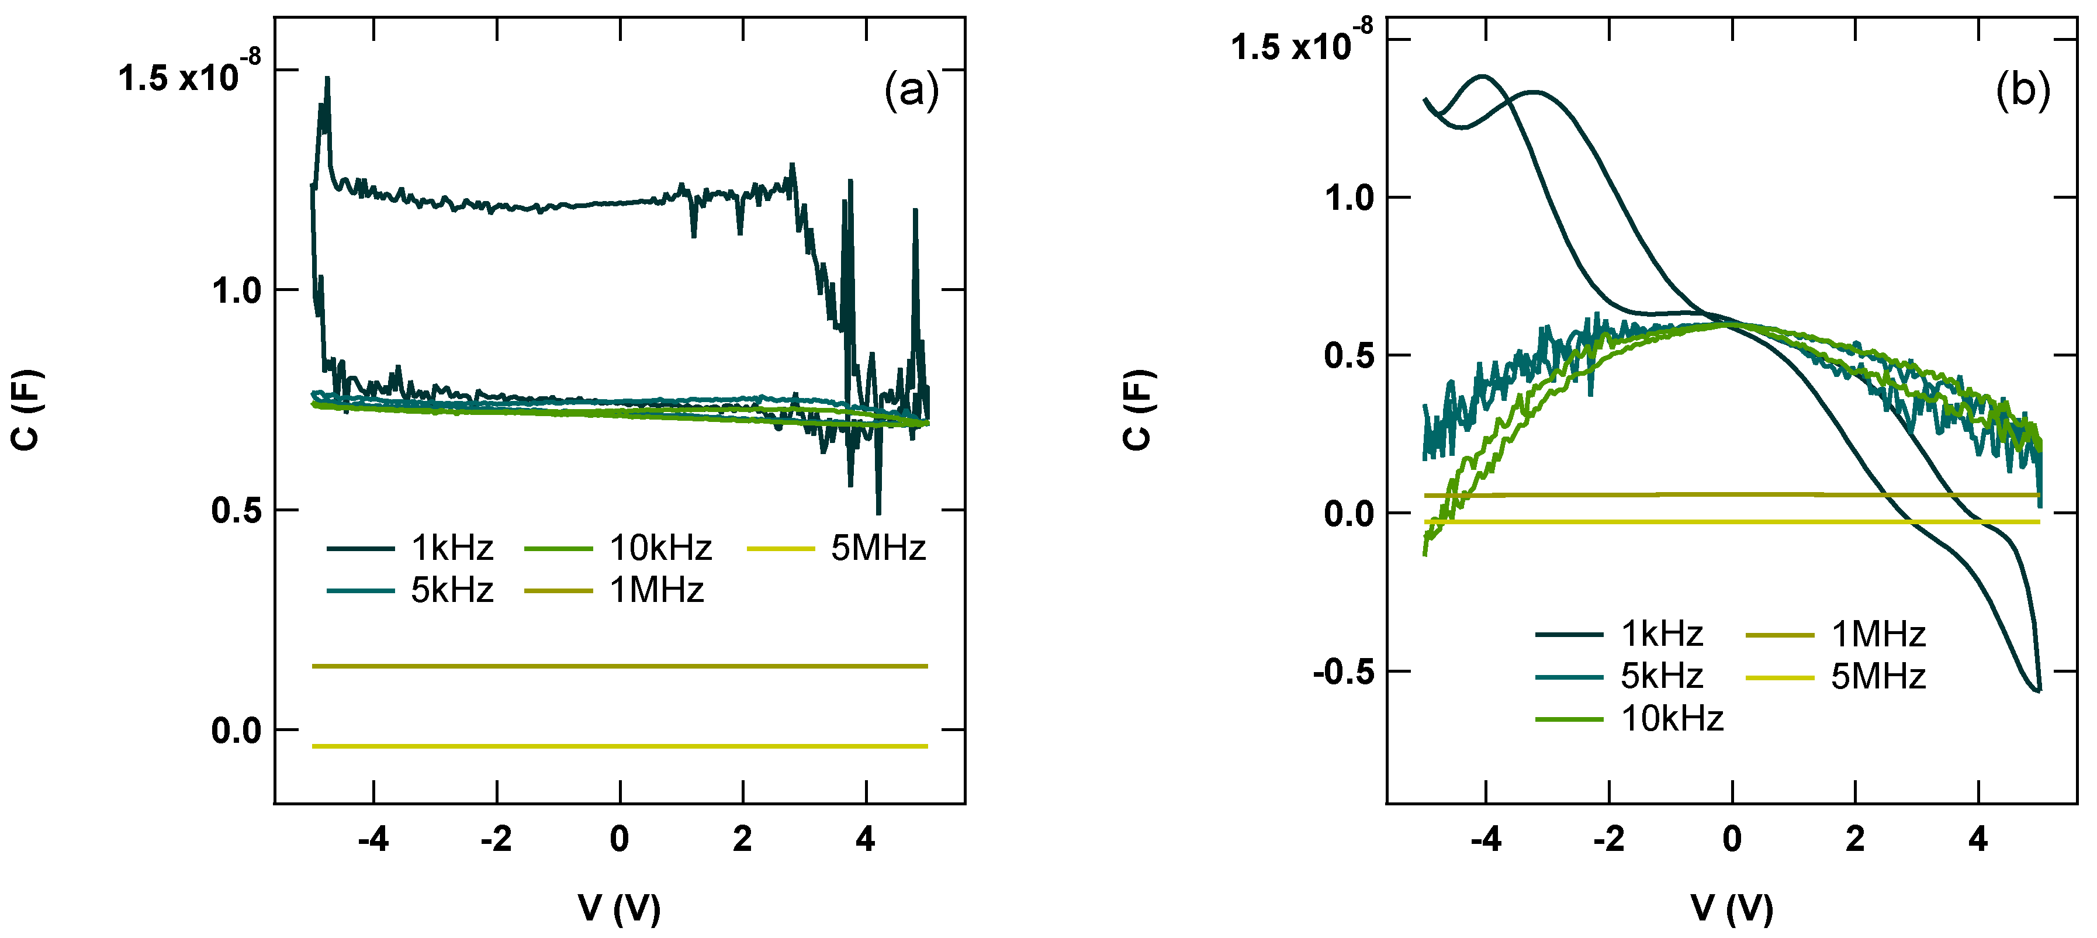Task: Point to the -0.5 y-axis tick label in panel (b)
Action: tap(1342, 673)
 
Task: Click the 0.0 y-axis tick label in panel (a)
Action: tap(236, 731)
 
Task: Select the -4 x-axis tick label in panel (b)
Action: tap(1486, 839)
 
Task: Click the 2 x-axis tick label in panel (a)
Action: tap(742, 839)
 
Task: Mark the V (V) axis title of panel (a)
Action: tap(620, 908)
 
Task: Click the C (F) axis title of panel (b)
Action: tap(1138, 410)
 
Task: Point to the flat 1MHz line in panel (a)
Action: tap(620, 666)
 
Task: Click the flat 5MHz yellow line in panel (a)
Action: tap(620, 746)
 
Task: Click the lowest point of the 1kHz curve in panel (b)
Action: tap(2037, 690)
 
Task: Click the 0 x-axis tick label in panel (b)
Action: tap(1732, 839)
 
